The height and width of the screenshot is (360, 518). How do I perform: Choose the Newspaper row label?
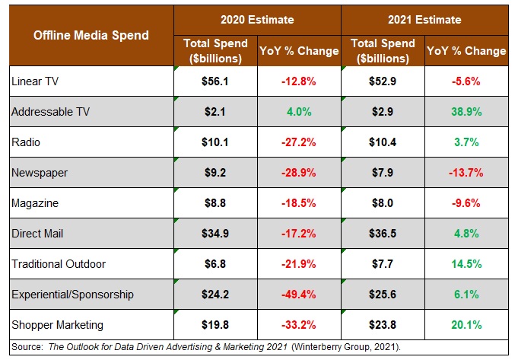39,172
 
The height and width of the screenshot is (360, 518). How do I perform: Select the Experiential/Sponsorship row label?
72,294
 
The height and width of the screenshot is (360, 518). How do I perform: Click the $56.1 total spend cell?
216,81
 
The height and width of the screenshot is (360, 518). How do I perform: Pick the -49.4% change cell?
299,294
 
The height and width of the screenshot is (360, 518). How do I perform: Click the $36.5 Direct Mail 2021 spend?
383,233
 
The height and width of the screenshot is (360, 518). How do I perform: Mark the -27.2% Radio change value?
299,142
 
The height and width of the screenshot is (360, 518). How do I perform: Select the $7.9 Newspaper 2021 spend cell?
383,172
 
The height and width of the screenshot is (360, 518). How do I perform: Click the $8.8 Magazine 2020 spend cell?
216,202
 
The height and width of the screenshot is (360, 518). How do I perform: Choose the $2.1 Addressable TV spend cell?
216,111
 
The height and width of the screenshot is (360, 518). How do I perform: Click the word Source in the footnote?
27,346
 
